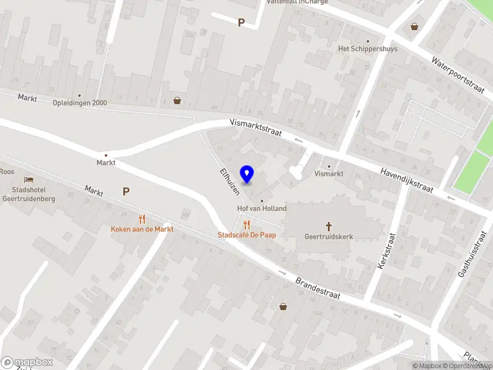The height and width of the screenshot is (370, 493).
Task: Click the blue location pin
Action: point(247,175)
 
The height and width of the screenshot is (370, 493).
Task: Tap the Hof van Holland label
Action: point(262,208)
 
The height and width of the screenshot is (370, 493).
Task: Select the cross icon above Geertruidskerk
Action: point(329,226)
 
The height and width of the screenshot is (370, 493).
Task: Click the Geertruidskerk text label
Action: point(329,236)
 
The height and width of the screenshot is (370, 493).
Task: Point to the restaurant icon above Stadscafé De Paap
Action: point(247,224)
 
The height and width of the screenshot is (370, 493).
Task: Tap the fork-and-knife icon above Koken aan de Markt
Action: point(142,219)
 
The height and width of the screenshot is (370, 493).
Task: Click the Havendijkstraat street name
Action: point(407,181)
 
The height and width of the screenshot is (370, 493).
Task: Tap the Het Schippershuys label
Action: point(368,49)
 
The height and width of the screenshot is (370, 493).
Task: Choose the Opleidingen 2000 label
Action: point(79,102)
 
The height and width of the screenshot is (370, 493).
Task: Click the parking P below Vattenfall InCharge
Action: point(242,23)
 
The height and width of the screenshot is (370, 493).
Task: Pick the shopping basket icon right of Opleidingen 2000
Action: point(177,101)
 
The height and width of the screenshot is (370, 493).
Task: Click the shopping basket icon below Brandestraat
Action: point(283,306)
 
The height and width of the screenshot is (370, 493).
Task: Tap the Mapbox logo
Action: point(27,363)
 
